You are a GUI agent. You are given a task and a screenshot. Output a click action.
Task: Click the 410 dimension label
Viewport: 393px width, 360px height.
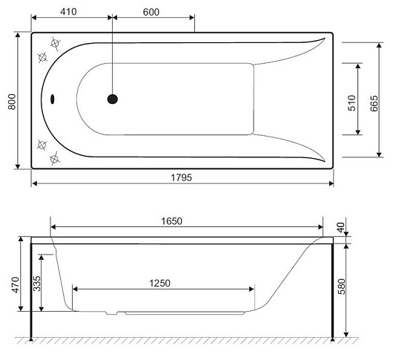tap(68, 12)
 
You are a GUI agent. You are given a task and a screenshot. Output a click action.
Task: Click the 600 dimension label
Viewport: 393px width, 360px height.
tap(151, 12)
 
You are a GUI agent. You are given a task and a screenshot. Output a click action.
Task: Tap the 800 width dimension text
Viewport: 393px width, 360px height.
tap(12, 102)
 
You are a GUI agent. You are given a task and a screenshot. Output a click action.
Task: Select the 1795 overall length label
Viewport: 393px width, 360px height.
tap(181, 177)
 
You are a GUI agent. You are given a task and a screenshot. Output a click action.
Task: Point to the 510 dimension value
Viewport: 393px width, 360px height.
tap(352, 103)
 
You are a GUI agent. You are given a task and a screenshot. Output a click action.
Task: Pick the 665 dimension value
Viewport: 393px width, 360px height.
tap(374, 103)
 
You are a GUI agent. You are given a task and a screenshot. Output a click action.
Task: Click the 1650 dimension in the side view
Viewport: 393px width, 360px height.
tap(171, 221)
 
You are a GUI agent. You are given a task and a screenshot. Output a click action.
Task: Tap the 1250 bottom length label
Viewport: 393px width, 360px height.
tap(159, 284)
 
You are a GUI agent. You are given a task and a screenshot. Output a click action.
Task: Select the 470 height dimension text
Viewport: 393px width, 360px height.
tap(16, 285)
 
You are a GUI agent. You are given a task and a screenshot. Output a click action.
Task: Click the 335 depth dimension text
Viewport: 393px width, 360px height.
tap(37, 284)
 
